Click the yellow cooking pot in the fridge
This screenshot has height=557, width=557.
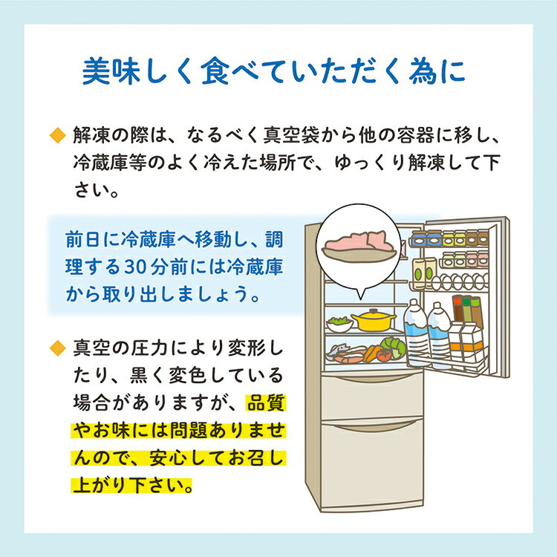pyautogui.click(x=373, y=320)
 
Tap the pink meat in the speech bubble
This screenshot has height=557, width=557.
pyautogui.click(x=359, y=241)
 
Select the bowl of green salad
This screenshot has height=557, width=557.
pyautogui.click(x=339, y=324)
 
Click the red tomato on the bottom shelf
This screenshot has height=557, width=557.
pyautogui.click(x=383, y=355)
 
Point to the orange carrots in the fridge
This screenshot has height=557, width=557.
pyautogui.click(x=371, y=354)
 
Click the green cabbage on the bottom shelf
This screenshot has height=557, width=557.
pyautogui.click(x=393, y=347)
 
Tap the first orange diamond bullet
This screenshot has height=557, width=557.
pyautogui.click(x=57, y=135)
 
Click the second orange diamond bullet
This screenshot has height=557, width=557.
pyautogui.click(x=57, y=348)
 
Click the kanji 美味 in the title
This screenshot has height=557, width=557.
pyautogui.click(x=108, y=71)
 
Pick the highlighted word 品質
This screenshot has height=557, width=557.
pyautogui.click(x=266, y=403)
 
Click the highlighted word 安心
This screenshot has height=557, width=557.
pyautogui.click(x=169, y=458)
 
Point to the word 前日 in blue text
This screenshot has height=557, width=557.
pyautogui.click(x=84, y=240)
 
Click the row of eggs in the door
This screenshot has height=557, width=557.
pyautogui.click(x=460, y=281)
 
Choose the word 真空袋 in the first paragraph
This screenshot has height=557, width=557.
pyautogui.click(x=292, y=135)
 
